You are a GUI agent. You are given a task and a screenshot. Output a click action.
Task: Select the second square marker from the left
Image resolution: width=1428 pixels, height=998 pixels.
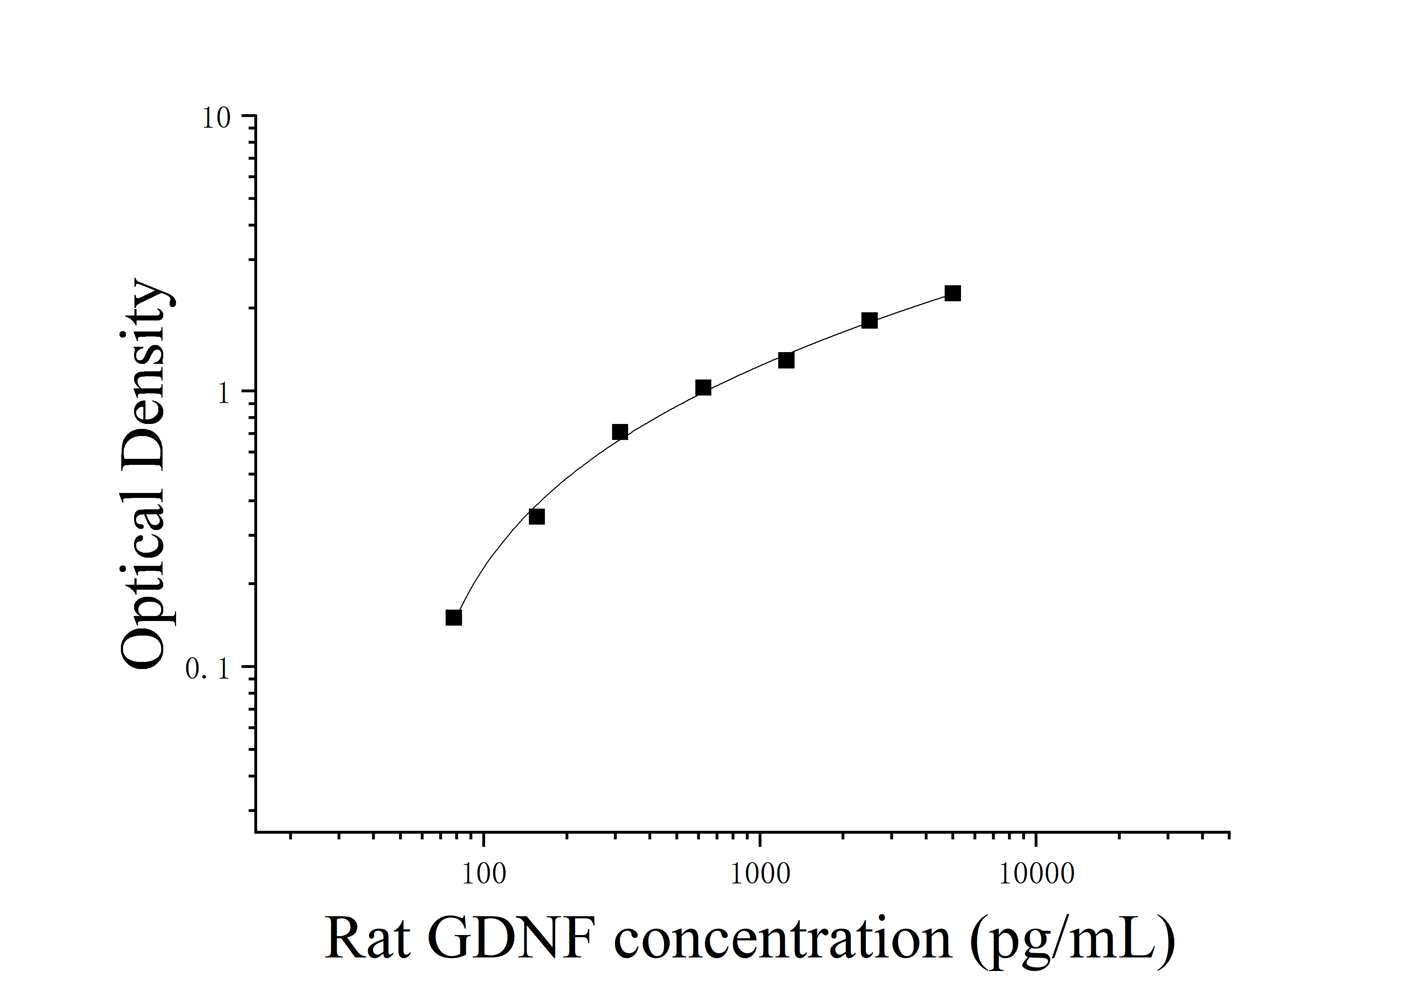pos(536,516)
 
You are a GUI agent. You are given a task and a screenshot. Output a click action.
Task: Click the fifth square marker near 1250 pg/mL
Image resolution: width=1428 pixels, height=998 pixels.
pos(786,360)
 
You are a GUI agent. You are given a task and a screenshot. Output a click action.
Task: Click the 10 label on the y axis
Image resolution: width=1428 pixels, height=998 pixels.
pos(216,118)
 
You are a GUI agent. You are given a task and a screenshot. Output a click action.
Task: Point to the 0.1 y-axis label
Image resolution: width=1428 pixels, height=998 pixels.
pos(208,669)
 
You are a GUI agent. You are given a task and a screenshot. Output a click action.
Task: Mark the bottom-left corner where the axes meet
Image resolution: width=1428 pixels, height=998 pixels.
pos(256,831)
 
